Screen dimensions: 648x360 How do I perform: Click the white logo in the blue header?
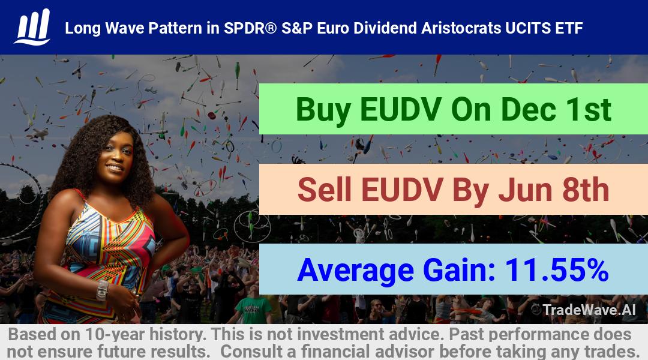(32, 27)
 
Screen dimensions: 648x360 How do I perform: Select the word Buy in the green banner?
(323, 110)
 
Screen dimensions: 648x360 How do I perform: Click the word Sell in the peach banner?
(325, 190)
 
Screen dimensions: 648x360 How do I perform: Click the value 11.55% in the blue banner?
(557, 270)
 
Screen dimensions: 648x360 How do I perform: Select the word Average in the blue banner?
(355, 271)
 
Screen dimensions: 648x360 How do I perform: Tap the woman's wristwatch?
(102, 290)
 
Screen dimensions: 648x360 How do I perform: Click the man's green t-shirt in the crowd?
(253, 310)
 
